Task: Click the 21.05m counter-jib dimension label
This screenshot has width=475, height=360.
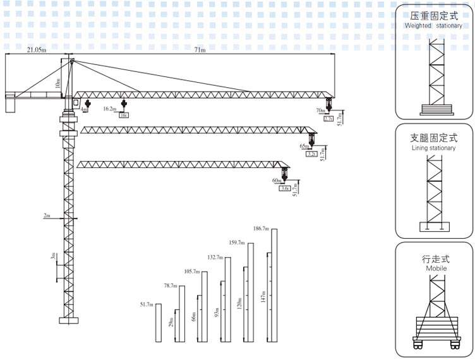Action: pyautogui.click(x=36, y=50)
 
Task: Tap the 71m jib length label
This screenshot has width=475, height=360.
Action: pyautogui.click(x=200, y=50)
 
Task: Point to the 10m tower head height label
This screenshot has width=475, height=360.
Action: pyautogui.click(x=56, y=83)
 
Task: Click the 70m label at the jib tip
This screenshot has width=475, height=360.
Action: pyautogui.click(x=320, y=111)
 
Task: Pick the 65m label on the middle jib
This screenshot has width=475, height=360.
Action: pyautogui.click(x=304, y=146)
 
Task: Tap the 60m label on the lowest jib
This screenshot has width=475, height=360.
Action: pyautogui.click(x=277, y=181)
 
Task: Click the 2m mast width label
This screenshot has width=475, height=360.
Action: pyautogui.click(x=47, y=215)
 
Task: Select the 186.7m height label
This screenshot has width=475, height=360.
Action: pyautogui.click(x=260, y=228)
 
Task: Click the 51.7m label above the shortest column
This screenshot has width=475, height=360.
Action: pyautogui.click(x=147, y=305)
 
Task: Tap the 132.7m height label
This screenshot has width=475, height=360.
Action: pyautogui.click(x=215, y=257)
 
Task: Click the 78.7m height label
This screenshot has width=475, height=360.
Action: pyautogui.click(x=171, y=286)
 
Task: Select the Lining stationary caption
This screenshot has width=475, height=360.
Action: pyautogui.click(x=433, y=148)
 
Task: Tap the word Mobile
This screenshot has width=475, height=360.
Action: pyautogui.click(x=435, y=268)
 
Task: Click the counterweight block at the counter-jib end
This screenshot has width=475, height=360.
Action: pyautogui.click(x=10, y=104)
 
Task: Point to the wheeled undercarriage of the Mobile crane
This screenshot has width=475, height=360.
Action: pyautogui.click(x=435, y=335)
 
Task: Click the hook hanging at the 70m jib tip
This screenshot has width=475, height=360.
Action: pyautogui.click(x=328, y=106)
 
